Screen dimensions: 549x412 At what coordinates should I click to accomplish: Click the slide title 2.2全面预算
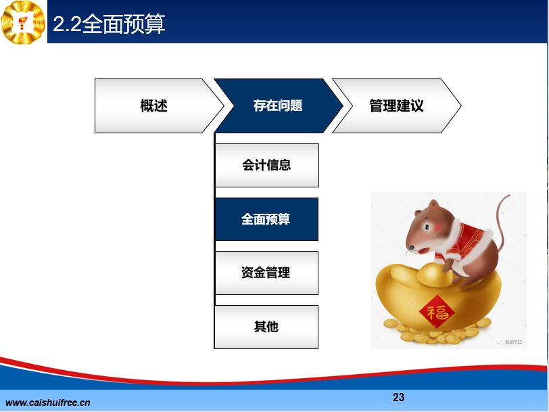[109, 24]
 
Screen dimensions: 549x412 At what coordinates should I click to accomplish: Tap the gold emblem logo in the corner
[23, 22]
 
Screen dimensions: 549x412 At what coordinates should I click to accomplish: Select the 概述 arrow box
[160, 106]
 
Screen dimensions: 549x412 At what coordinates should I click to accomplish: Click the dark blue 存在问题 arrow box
[279, 106]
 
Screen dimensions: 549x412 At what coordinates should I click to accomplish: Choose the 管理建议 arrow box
[397, 106]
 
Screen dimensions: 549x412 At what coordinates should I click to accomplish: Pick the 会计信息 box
[267, 165]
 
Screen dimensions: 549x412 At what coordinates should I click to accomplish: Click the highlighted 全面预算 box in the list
[266, 219]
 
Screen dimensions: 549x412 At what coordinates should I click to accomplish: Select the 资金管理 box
[266, 273]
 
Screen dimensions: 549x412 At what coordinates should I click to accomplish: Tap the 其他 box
[266, 327]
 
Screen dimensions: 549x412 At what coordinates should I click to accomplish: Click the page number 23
[398, 397]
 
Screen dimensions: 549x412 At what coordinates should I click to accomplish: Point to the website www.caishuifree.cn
[48, 403]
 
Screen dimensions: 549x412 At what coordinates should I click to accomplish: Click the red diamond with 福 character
[437, 312]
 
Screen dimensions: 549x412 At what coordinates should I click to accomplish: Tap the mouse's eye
[427, 227]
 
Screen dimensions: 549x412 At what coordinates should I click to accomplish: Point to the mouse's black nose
[411, 248]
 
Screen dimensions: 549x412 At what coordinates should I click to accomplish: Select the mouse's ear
[434, 204]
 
